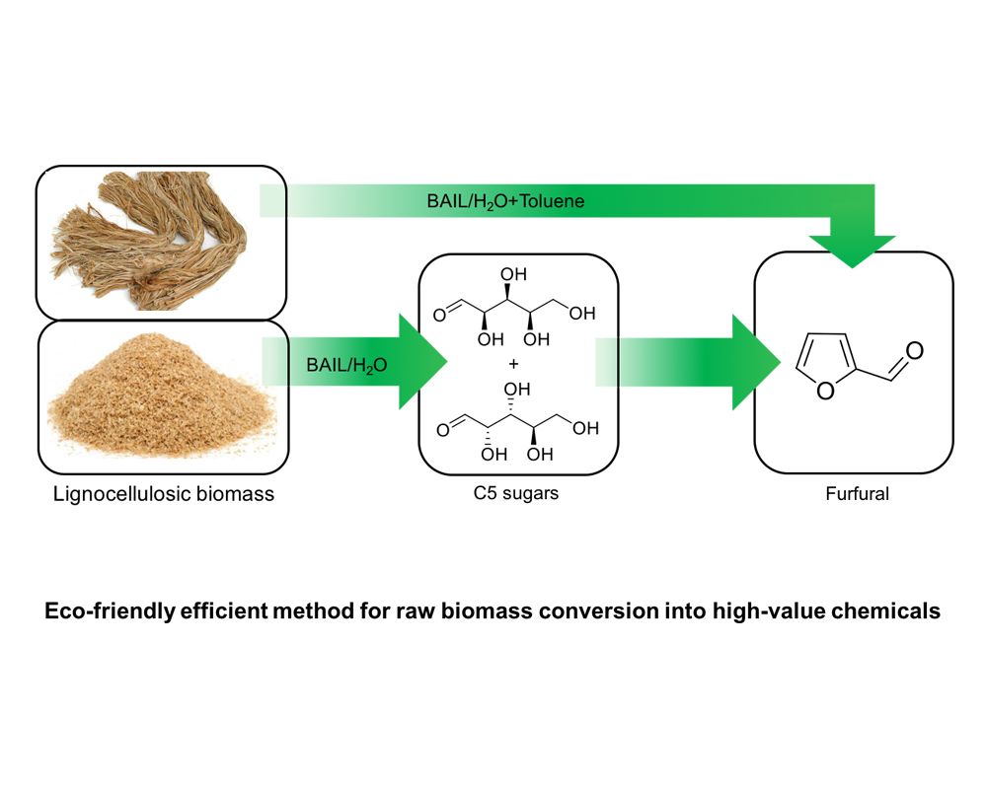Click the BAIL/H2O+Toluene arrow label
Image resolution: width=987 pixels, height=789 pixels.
click(x=501, y=202)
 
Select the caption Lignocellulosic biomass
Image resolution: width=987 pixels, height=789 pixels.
click(x=164, y=494)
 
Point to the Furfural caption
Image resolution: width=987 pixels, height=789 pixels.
click(x=857, y=494)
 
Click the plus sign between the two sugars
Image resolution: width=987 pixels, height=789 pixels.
click(x=513, y=363)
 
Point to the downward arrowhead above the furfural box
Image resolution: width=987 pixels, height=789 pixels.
click(x=852, y=251)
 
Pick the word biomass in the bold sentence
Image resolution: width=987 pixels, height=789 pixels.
click(x=518, y=611)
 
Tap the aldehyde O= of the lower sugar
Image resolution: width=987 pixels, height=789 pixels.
click(x=440, y=427)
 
